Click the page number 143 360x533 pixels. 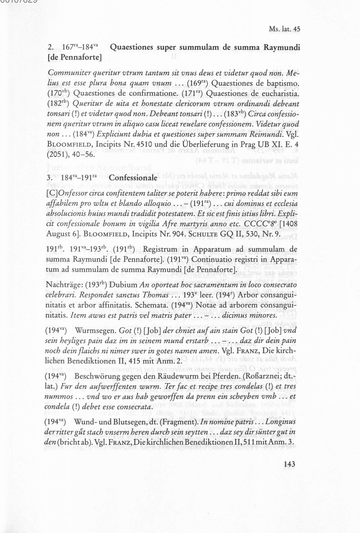coord(289,465)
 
